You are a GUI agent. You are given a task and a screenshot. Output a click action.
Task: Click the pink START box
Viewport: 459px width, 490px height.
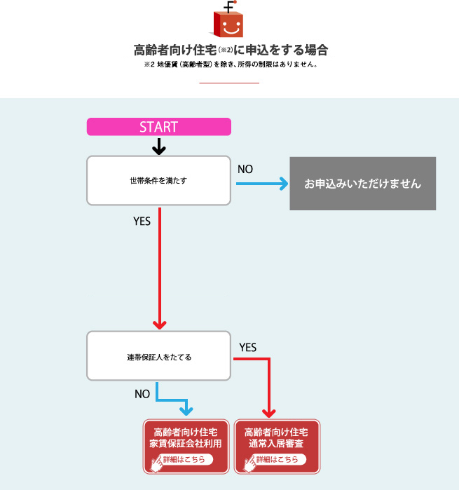click(159, 127)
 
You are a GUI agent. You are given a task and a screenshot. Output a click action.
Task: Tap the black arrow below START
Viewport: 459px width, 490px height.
click(159, 147)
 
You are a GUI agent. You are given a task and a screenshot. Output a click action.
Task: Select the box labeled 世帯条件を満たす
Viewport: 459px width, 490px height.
click(159, 181)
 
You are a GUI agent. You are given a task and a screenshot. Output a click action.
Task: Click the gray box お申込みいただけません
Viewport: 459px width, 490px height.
click(362, 184)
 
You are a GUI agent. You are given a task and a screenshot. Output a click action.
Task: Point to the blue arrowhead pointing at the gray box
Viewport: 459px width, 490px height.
click(283, 184)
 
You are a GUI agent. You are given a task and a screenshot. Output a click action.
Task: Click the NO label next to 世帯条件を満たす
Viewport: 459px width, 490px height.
click(245, 170)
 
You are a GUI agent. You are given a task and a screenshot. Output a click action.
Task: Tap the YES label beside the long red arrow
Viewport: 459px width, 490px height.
click(142, 222)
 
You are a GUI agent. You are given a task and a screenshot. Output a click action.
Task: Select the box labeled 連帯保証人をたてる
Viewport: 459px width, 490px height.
click(159, 356)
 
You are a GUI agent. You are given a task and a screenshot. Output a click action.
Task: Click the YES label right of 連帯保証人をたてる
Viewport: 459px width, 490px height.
click(248, 347)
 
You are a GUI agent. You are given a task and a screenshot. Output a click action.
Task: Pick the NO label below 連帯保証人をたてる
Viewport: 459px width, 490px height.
click(142, 394)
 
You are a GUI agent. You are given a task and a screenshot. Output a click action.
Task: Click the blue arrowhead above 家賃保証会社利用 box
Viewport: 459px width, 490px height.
click(186, 411)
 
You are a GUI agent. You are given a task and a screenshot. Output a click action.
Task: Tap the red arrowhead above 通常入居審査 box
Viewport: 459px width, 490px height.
click(268, 413)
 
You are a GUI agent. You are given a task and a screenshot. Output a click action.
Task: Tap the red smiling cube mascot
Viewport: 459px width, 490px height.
click(227, 20)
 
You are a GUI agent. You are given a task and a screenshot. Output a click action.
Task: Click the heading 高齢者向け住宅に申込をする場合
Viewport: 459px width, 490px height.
click(231, 50)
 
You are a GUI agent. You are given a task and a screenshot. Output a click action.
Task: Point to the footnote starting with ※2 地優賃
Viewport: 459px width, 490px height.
click(231, 64)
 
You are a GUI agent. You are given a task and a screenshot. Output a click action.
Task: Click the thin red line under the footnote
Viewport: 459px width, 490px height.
click(229, 83)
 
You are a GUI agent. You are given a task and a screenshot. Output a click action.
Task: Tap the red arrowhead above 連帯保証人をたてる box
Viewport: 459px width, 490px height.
click(160, 325)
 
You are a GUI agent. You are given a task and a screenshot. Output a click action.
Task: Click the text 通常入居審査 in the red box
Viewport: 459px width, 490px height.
click(276, 443)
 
